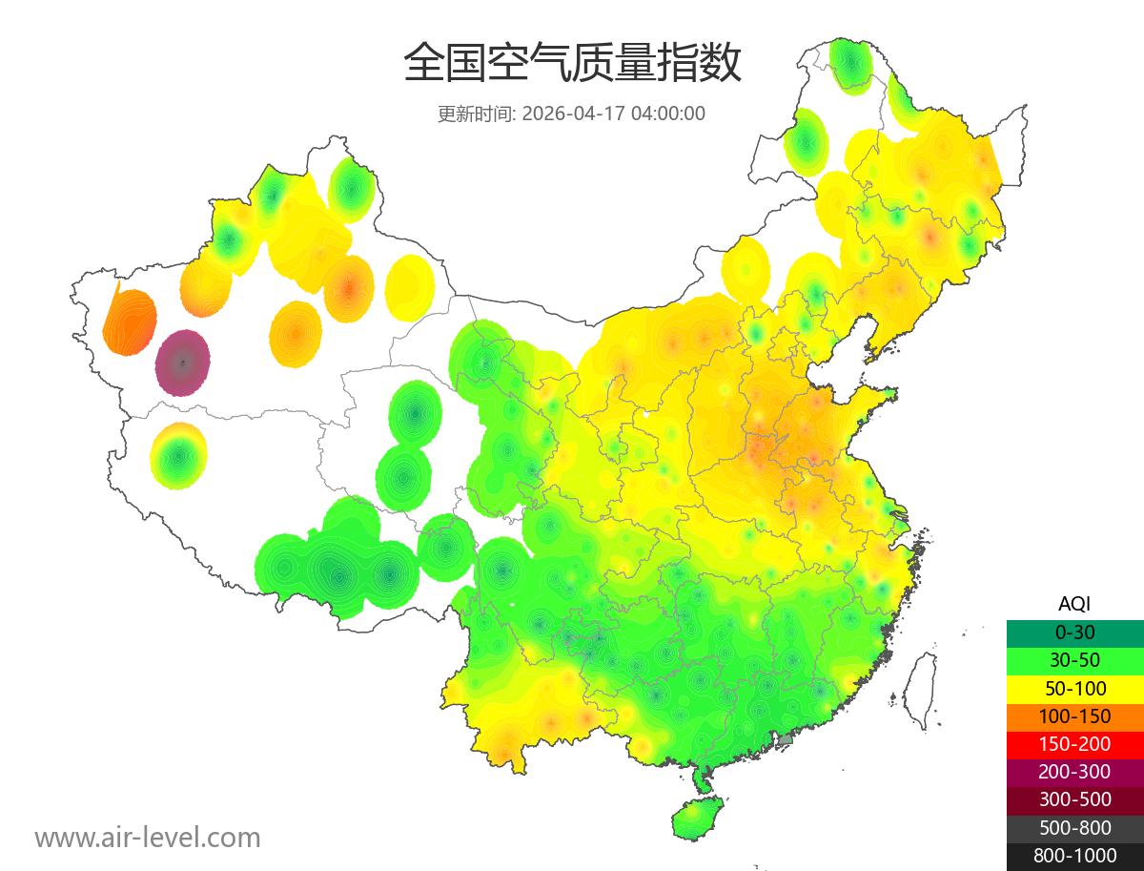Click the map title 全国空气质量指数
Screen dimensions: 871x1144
(x=572, y=64)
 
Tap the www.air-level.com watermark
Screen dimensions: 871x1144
(x=148, y=838)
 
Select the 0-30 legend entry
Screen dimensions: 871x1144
(x=1074, y=632)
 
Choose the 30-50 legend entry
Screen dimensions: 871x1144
(x=1074, y=660)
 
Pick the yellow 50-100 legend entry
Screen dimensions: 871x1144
(x=1074, y=688)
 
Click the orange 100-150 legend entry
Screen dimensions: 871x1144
(x=1074, y=716)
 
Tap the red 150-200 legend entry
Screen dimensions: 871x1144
(x=1074, y=744)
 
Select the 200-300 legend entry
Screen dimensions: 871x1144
(x=1074, y=772)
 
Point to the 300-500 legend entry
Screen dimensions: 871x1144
(x=1074, y=799)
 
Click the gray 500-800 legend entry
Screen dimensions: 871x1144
(x=1074, y=828)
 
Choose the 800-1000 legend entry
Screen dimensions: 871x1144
(x=1074, y=856)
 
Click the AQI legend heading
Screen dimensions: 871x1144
(x=1074, y=604)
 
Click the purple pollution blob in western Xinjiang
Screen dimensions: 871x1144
(x=183, y=363)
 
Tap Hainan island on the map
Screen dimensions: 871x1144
(x=698, y=819)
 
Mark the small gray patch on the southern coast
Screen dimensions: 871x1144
(x=786, y=738)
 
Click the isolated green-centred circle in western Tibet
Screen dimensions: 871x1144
(x=178, y=456)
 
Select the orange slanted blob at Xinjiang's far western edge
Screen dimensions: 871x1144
(x=130, y=321)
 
